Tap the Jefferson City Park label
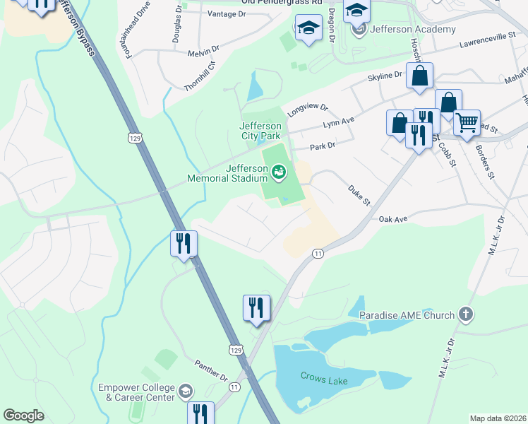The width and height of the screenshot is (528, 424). coord(260,131)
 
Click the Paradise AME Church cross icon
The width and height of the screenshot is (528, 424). coord(465,314)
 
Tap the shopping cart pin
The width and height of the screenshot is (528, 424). coord(467,123)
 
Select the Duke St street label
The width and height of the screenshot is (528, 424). coord(358,194)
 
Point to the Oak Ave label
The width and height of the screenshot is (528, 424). coord(393,219)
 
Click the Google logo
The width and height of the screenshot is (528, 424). coord(23,416)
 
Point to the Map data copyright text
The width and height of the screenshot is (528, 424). coord(498,418)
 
